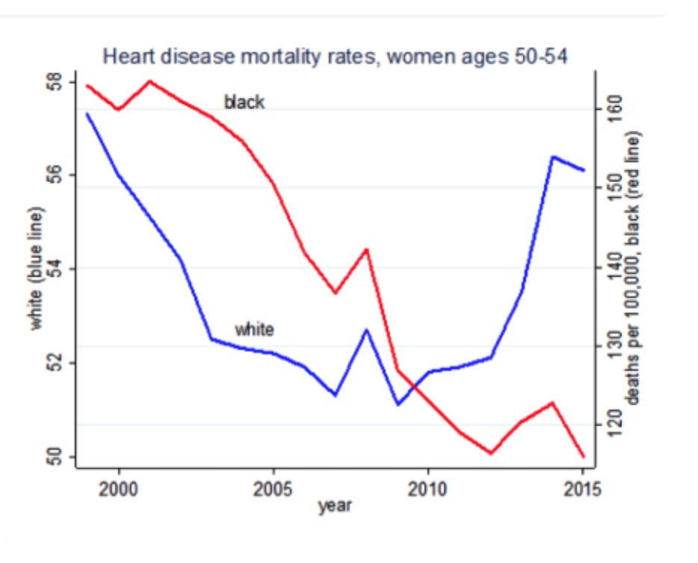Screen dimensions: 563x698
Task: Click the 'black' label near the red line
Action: pyautogui.click(x=244, y=102)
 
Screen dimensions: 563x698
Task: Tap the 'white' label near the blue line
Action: pyautogui.click(x=254, y=329)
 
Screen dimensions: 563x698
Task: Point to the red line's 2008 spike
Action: pyautogui.click(x=366, y=249)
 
